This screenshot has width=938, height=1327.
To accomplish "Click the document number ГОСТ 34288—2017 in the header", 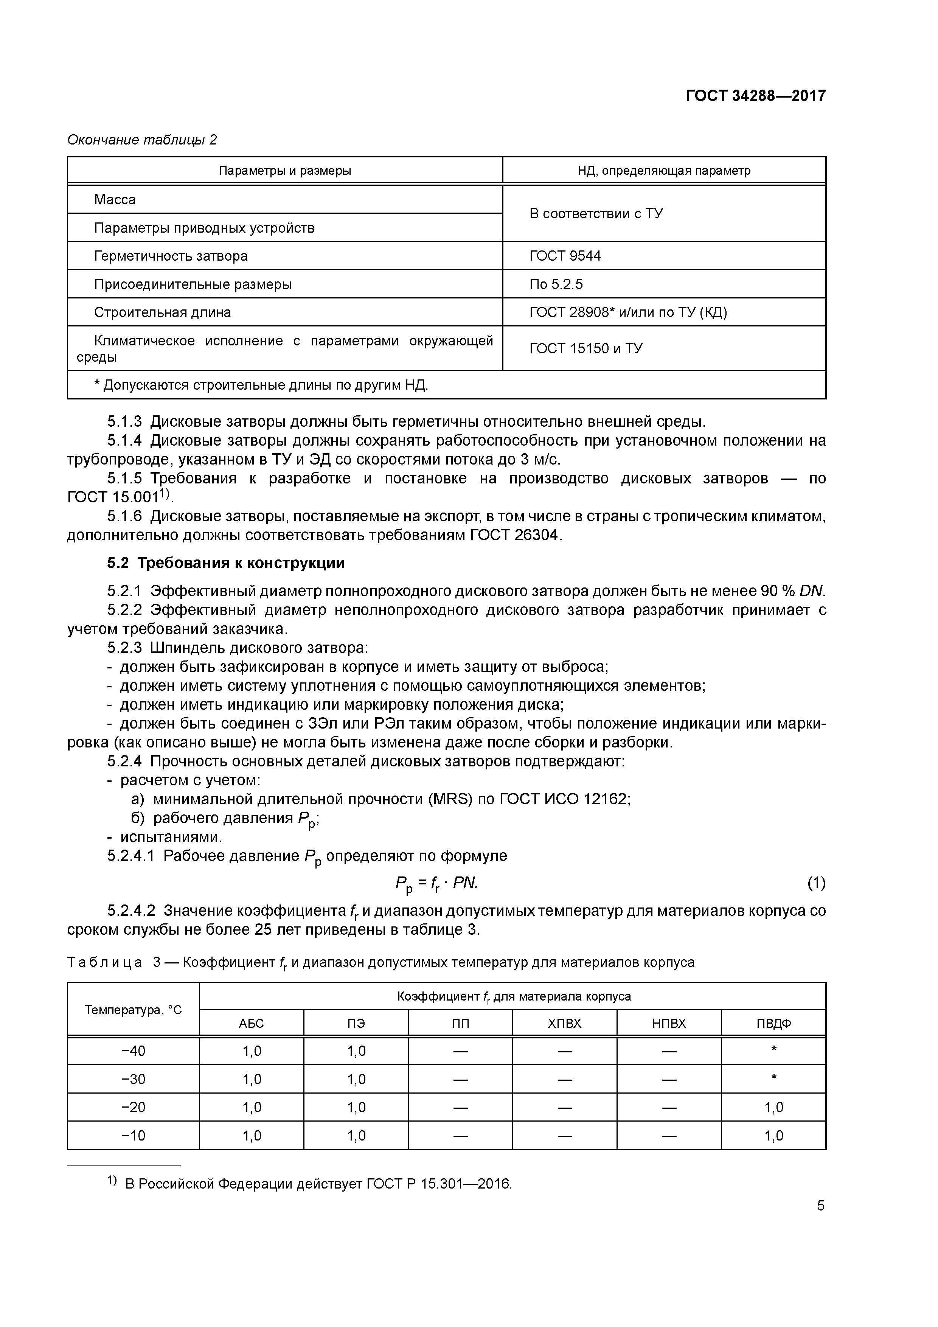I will tap(755, 95).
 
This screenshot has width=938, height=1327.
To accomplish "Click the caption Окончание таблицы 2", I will tap(142, 140).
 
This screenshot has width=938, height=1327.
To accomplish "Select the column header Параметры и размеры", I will tap(285, 171).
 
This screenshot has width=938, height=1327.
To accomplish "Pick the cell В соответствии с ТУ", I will tap(596, 213).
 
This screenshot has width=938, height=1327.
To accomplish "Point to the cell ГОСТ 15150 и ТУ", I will tap(585, 348).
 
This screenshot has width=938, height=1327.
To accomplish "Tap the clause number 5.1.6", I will tap(124, 516).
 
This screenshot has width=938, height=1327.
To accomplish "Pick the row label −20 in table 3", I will tap(134, 1107).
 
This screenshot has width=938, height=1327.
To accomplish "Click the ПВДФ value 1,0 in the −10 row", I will tap(773, 1136).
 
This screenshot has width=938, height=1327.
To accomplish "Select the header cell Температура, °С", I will tap(134, 1010).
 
